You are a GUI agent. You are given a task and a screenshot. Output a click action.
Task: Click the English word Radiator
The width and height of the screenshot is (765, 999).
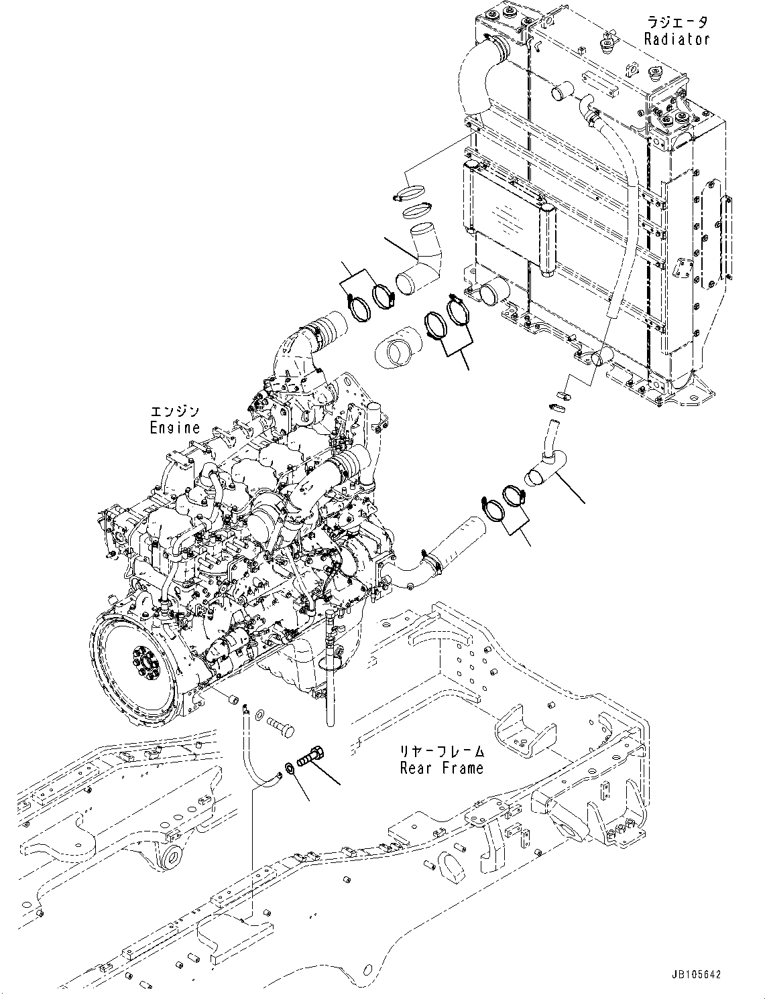[676, 40]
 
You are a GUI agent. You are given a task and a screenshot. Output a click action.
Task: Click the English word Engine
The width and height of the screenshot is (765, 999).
[174, 427]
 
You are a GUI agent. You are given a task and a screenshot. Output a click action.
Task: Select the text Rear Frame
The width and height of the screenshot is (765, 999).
[441, 768]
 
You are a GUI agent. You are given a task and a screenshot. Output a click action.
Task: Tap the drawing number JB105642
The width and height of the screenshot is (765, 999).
[695, 975]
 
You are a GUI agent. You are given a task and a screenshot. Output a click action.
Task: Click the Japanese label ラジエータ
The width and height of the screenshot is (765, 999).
[676, 23]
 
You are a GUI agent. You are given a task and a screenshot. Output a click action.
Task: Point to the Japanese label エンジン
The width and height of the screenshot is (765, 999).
[174, 411]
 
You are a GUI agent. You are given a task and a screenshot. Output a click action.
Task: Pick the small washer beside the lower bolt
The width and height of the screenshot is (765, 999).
[288, 765]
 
